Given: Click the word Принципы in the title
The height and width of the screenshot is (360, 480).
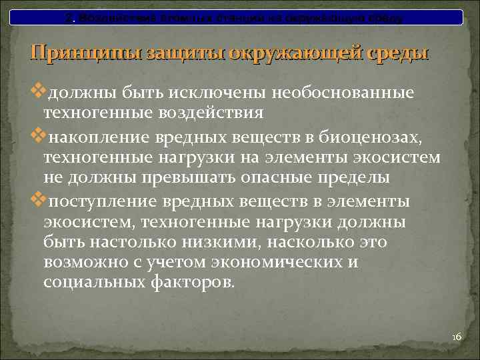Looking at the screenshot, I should (x=79, y=53).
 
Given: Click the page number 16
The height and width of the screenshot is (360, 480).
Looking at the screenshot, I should (x=456, y=337).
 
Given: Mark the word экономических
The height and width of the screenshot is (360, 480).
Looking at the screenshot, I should (x=275, y=262).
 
